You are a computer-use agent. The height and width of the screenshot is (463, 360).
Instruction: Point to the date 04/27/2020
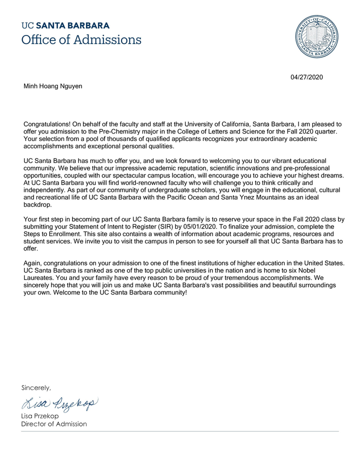pos(307,77)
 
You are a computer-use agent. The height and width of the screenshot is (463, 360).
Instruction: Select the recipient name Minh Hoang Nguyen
pos(53,86)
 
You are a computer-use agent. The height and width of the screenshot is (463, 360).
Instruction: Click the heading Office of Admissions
pos(81,39)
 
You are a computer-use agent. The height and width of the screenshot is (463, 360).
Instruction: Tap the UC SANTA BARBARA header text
pos(65,25)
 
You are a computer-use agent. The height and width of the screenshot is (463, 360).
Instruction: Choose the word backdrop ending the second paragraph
pos(39,205)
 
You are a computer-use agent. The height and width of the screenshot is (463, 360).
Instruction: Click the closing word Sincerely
pos(36,387)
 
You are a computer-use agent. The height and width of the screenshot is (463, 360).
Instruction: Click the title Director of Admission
pos(54,424)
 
